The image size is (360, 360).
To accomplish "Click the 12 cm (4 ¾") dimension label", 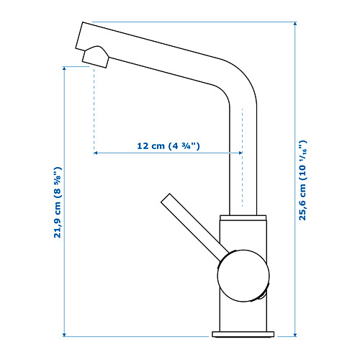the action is click(x=168, y=145).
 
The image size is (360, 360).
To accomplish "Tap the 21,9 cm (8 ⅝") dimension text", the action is click(x=58, y=202).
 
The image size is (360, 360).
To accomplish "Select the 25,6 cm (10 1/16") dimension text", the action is click(x=302, y=180).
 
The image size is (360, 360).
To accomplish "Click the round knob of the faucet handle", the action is click(x=243, y=276).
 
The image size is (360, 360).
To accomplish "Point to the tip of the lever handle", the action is click(x=166, y=198).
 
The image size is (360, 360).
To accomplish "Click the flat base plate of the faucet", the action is click(x=243, y=334).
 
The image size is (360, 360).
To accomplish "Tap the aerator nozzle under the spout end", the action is click(x=95, y=57).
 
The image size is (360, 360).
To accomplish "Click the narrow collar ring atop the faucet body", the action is click(x=243, y=217).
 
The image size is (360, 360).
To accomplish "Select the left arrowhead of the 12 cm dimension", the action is click(x=96, y=153).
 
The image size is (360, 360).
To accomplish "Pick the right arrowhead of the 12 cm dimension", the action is click(x=240, y=153).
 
